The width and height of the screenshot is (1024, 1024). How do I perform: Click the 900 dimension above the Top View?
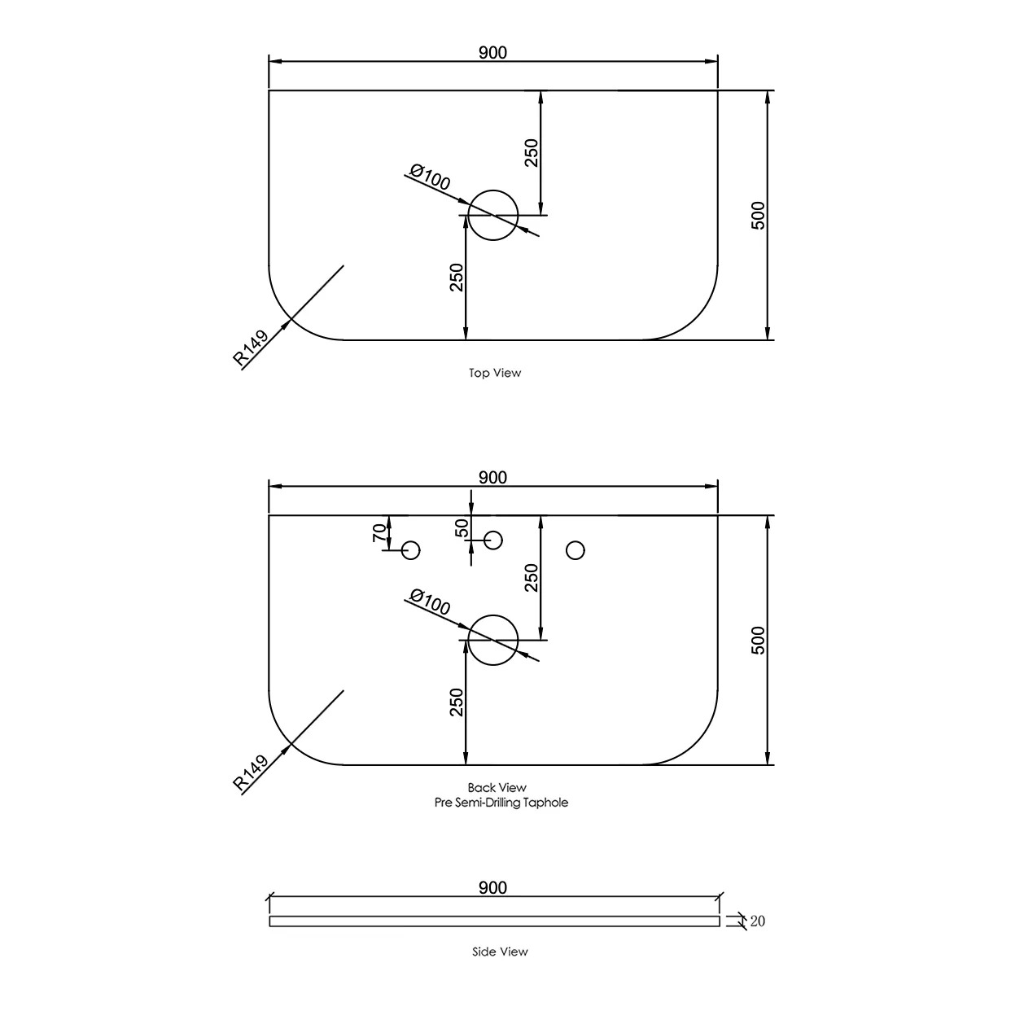pos(492,53)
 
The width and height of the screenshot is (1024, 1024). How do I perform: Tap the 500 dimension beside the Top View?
pos(758,216)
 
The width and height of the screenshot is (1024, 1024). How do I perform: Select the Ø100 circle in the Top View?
pos(493,216)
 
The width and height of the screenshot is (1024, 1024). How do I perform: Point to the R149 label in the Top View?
pos(251,348)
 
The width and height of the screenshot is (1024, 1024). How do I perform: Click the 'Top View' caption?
pos(495,373)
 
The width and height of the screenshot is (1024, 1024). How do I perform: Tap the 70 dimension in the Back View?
pos(379,533)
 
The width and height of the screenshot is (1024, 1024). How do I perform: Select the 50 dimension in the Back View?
pos(462,529)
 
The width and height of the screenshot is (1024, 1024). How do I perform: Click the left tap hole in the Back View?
pos(411,550)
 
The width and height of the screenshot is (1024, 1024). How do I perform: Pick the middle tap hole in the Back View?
pos(493,540)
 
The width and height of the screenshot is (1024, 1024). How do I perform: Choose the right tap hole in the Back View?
pos(575,550)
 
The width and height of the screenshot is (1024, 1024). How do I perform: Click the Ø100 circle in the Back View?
pos(493,640)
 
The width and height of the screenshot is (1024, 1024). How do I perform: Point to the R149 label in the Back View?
pos(251,773)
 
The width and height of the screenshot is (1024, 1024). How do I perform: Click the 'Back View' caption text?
pos(497,787)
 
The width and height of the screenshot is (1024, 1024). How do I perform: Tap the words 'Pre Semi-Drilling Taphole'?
pos(501,803)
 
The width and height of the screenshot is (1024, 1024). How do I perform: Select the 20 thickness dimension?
pos(757,921)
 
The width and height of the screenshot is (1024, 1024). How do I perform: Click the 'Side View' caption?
pos(500,952)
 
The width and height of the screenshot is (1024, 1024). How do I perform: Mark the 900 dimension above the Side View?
pos(492,887)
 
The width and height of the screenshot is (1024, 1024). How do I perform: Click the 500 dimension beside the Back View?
pos(758,641)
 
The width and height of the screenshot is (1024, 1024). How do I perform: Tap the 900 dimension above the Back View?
pos(492,478)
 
